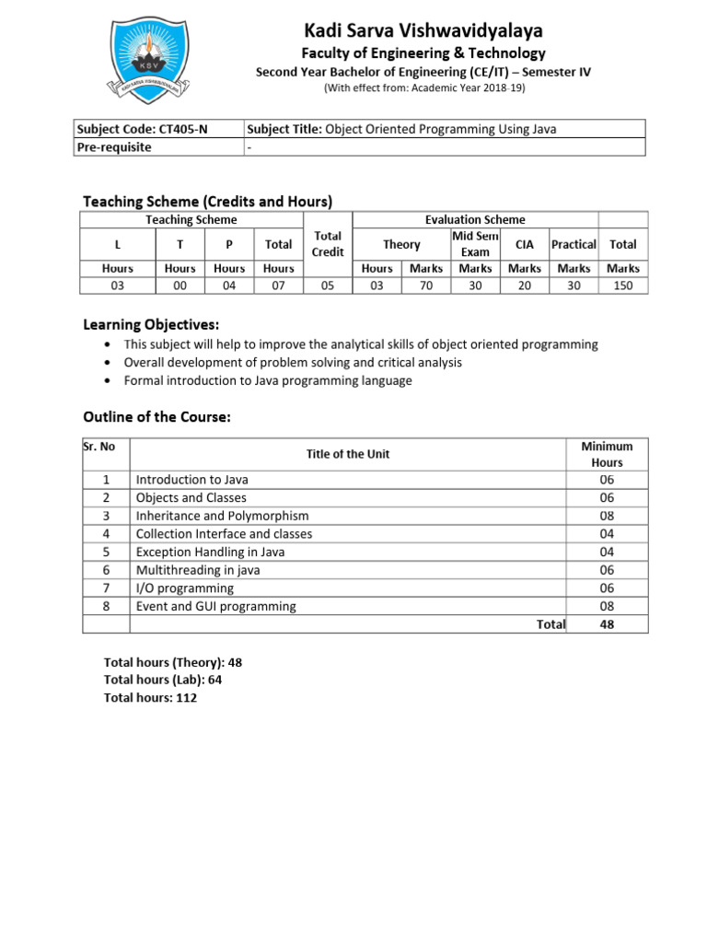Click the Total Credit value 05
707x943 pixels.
pyautogui.click(x=328, y=285)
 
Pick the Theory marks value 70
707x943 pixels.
pyautogui.click(x=425, y=285)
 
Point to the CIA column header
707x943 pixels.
pyautogui.click(x=525, y=244)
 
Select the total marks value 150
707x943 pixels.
pyautogui.click(x=622, y=285)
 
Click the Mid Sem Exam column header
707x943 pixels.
pyautogui.click(x=475, y=244)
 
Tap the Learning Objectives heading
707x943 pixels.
pyautogui.click(x=151, y=324)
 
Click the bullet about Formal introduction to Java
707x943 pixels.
pyautogui.click(x=268, y=380)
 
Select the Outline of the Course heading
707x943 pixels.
pyautogui.click(x=156, y=417)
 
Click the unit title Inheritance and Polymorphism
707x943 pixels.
pyautogui.click(x=222, y=516)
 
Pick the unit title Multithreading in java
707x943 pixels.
pyautogui.click(x=198, y=570)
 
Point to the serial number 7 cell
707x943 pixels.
pyautogui.click(x=107, y=588)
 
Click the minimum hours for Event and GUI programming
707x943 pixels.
pyautogui.click(x=607, y=606)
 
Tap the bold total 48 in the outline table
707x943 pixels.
pyautogui.click(x=607, y=624)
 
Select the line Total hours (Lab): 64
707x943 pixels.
pyautogui.click(x=163, y=680)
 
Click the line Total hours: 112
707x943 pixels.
pyautogui.click(x=151, y=697)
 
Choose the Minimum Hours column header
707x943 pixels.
pyautogui.click(x=607, y=454)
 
